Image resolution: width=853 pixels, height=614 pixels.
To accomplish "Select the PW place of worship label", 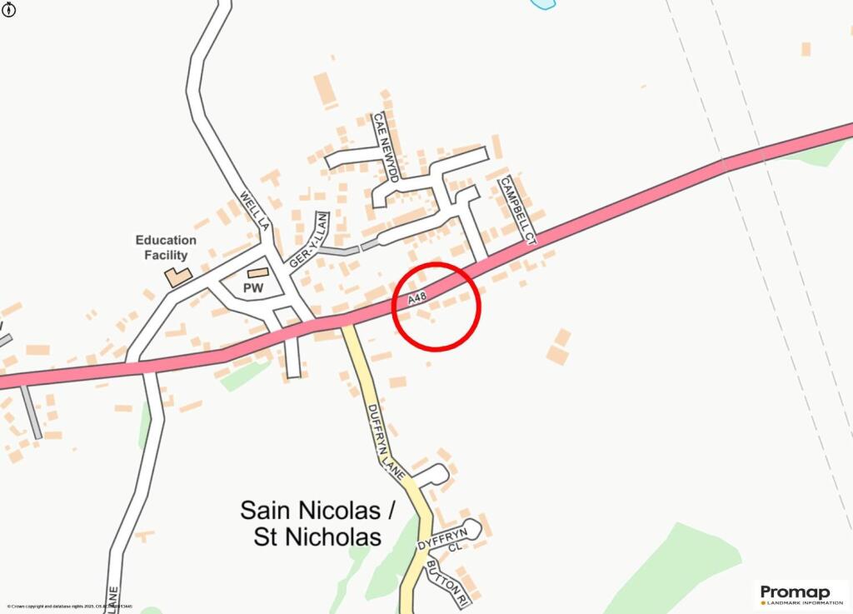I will (x=253, y=288).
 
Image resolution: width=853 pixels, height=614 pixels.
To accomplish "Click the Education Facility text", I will (x=167, y=247).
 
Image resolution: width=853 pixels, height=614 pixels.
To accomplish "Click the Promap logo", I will (x=796, y=592).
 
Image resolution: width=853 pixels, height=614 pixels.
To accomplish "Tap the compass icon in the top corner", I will (x=7, y=9).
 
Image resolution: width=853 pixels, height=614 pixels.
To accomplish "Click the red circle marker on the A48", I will (x=436, y=306).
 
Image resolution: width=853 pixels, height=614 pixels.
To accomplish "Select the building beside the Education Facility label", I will (x=177, y=277).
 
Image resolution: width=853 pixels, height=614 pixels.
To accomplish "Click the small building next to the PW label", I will (x=258, y=272).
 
